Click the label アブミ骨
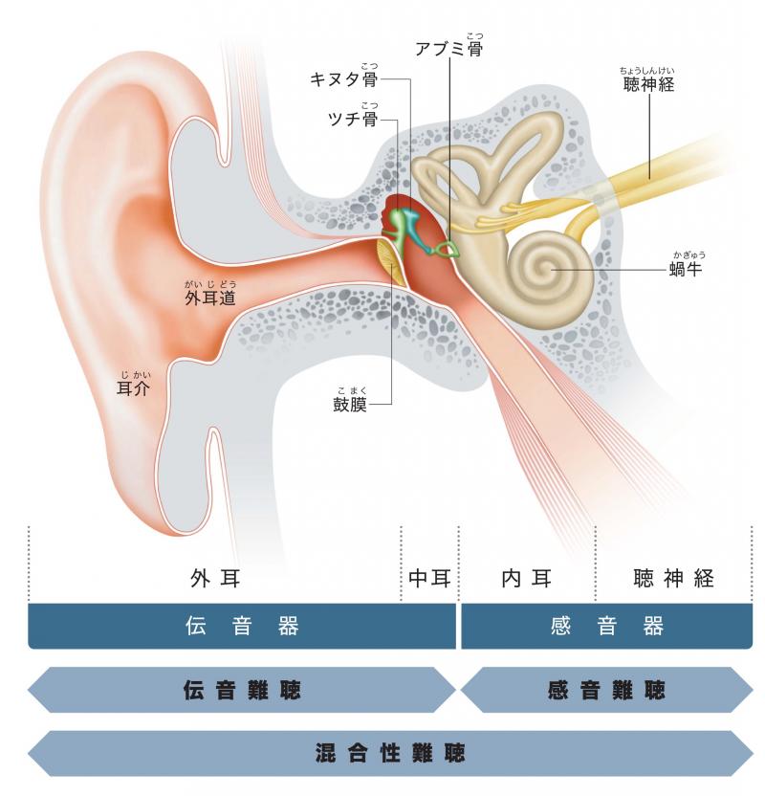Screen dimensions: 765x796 [x=448, y=49]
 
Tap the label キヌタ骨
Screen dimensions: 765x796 [x=344, y=79]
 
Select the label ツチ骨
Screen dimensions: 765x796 [x=353, y=119]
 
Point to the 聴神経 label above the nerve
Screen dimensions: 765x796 [x=649, y=84]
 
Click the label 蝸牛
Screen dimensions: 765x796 [x=686, y=269]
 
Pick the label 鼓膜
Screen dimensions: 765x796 [x=350, y=404]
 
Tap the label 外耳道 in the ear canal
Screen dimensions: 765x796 [x=210, y=298]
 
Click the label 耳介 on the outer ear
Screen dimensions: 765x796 [x=134, y=388]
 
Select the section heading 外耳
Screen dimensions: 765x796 [x=215, y=578]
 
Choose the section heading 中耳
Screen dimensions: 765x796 [x=429, y=578]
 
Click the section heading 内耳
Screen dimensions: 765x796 [x=527, y=578]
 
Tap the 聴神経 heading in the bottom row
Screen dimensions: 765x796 [x=674, y=578]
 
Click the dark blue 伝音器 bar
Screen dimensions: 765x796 [x=242, y=626]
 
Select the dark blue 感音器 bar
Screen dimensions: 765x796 [x=606, y=626]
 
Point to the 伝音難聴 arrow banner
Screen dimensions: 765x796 [x=242, y=690]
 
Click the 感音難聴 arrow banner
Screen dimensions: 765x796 [x=606, y=690]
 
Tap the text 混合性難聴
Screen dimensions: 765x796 [x=389, y=753]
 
